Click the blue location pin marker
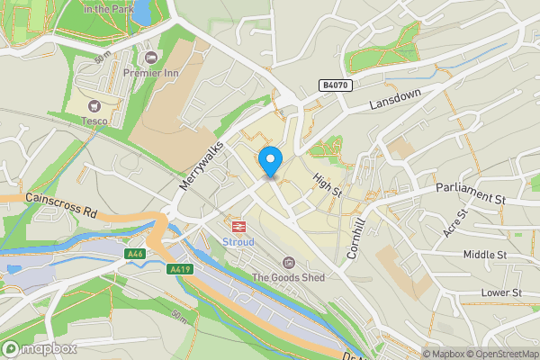coord(270,162)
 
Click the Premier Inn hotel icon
coord(150,58)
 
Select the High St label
coord(328,185)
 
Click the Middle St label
coord(485,255)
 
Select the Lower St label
coord(501,292)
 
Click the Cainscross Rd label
coord(61,208)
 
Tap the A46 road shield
coord(135,254)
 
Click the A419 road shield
coord(179,269)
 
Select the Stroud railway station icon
coord(239,227)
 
